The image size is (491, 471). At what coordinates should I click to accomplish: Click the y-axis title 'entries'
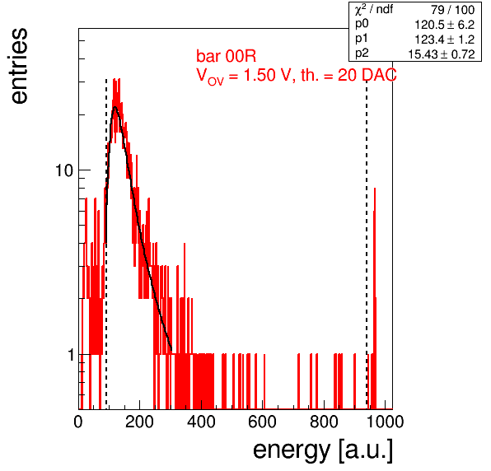pyautogui.click(x=20, y=66)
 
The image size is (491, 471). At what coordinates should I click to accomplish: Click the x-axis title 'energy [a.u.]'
pyautogui.click(x=323, y=450)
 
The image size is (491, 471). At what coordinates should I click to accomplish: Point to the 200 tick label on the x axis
pyautogui.click(x=139, y=422)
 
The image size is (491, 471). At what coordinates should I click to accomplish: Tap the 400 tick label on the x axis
pyautogui.click(x=201, y=422)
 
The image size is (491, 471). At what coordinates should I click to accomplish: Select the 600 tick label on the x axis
pyautogui.click(x=263, y=422)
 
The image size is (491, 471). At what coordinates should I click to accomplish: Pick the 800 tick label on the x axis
pyautogui.click(x=324, y=422)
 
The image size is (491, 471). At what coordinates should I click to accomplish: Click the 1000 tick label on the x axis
pyautogui.click(x=385, y=422)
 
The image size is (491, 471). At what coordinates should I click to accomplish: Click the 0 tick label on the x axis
pyautogui.click(x=78, y=422)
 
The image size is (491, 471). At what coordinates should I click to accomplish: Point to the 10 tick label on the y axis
pyautogui.click(x=64, y=171)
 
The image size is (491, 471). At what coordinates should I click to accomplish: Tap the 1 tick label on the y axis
pyautogui.click(x=71, y=355)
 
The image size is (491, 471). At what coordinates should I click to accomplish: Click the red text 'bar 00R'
pyautogui.click(x=226, y=56)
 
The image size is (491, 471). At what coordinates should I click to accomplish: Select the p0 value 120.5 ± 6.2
pyautogui.click(x=445, y=25)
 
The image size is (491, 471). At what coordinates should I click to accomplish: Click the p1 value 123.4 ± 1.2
pyautogui.click(x=445, y=40)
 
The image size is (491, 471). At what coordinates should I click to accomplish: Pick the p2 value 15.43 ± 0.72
pyautogui.click(x=442, y=54)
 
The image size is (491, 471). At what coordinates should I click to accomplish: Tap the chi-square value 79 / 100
pyautogui.click(x=453, y=10)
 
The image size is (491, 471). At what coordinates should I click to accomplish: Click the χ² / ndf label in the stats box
pyautogui.click(x=374, y=11)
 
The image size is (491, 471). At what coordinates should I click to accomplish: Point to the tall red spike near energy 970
pyautogui.click(x=375, y=298)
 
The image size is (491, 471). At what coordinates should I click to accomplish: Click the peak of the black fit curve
pyautogui.click(x=115, y=107)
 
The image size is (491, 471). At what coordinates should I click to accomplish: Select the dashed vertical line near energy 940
pyautogui.click(x=367, y=244)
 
